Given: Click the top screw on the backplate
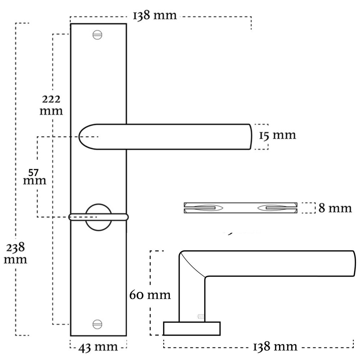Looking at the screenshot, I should pyautogui.click(x=98, y=35).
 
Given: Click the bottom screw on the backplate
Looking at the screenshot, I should pyautogui.click(x=98, y=323).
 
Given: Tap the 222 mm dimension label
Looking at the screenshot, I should pyautogui.click(x=51, y=104).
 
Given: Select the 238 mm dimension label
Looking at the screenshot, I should pyautogui.click(x=15, y=253).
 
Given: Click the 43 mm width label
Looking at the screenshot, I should pyautogui.click(x=98, y=347).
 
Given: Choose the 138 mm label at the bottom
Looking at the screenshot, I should pyautogui.click(x=275, y=347).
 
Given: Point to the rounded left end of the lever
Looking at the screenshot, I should pyautogui.click(x=85, y=136).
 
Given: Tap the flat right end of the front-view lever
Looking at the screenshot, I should pyautogui.click(x=249, y=136).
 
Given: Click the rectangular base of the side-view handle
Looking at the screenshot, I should pyautogui.click(x=192, y=328).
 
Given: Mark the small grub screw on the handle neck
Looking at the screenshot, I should pyautogui.click(x=201, y=317).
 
